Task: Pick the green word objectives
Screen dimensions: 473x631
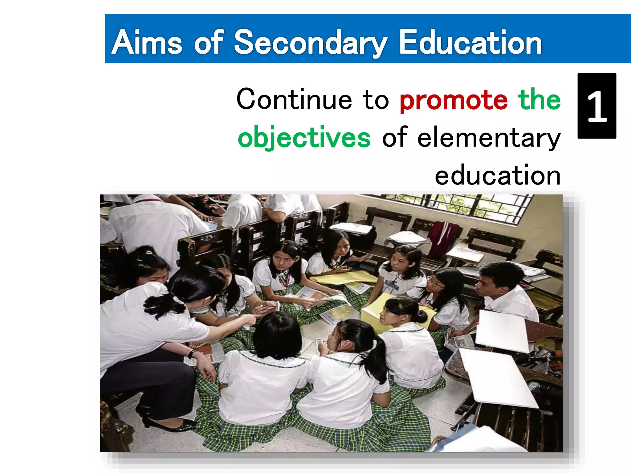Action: (304, 138)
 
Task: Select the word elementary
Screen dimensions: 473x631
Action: (489, 138)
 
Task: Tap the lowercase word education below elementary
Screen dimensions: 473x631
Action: (497, 176)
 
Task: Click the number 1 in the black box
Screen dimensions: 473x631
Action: (597, 106)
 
